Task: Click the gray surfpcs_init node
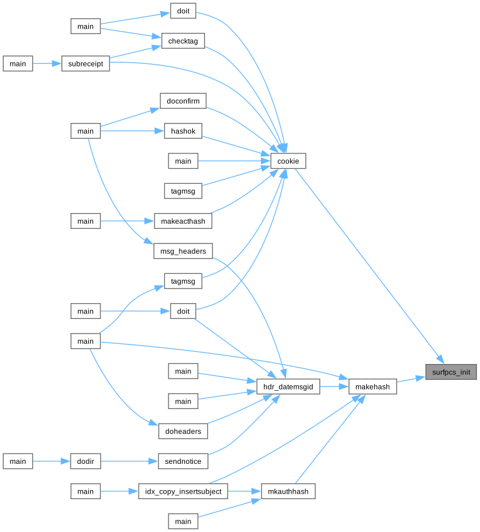pos(451,371)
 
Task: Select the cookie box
pos(288,161)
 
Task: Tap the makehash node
pos(373,386)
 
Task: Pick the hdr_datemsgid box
pos(288,386)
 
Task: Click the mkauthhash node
pos(288,491)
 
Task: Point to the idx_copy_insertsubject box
pos(183,491)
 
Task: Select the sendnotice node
pos(183,461)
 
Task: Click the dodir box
pos(85,461)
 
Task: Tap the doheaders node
pos(183,431)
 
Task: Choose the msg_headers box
pos(183,251)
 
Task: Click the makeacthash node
pos(183,221)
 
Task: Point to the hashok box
pos(183,131)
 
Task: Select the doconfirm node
pos(183,100)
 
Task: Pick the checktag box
pos(183,41)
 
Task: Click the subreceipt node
pos(85,63)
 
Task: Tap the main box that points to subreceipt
pos(18,63)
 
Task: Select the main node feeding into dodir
pos(18,461)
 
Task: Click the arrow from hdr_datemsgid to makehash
pos(334,386)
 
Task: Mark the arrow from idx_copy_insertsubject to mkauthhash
pos(244,491)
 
